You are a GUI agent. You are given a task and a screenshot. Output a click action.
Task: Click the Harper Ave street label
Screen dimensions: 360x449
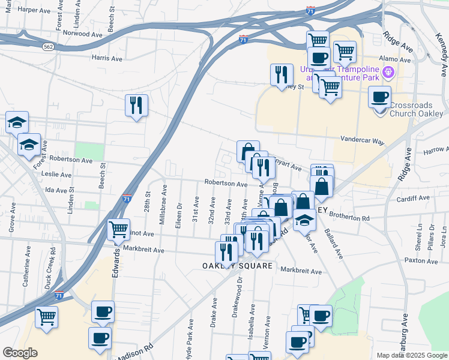pyautogui.click(x=34, y=10)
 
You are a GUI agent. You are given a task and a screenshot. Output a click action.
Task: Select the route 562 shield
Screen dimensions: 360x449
pyautogui.click(x=49, y=46)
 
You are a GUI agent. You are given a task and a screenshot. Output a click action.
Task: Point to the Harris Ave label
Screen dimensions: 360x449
pyautogui.click(x=107, y=58)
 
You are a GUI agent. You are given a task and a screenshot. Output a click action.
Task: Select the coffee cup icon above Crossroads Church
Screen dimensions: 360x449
pyautogui.click(x=379, y=97)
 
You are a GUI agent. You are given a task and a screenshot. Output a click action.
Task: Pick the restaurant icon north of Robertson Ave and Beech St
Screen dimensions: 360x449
pyautogui.click(x=136, y=106)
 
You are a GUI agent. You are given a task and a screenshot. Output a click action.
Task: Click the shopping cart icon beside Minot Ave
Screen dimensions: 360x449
pyautogui.click(x=118, y=229)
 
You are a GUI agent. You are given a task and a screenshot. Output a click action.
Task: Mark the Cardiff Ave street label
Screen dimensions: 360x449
pyautogui.click(x=412, y=199)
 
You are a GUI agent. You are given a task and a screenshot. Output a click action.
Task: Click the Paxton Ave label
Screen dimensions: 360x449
pyautogui.click(x=421, y=260)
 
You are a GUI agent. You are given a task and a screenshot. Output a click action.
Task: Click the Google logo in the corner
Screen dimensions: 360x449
pyautogui.click(x=20, y=353)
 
